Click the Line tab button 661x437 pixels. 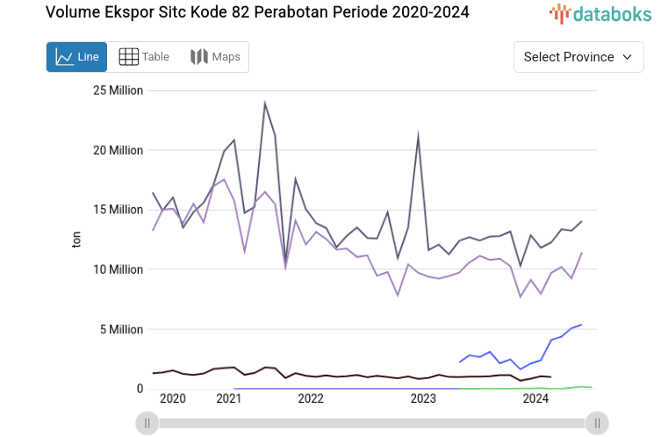point(76,57)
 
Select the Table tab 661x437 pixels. point(144,57)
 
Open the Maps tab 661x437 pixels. point(215,57)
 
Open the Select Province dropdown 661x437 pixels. point(578,57)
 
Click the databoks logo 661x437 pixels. point(600,13)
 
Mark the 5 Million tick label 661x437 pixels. point(121,330)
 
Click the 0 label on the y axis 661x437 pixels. point(139,389)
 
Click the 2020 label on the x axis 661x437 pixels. point(173,399)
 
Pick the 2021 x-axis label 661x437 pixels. point(228,399)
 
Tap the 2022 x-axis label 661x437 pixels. point(311,399)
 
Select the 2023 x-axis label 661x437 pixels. point(423,399)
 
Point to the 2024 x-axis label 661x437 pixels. point(535,399)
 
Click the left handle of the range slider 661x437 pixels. point(147,423)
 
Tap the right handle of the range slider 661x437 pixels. point(597,423)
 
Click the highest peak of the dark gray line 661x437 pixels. point(264,103)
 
